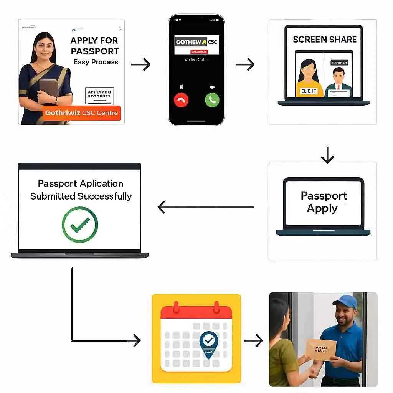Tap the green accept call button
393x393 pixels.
(x=211, y=101)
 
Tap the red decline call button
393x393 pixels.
(x=181, y=101)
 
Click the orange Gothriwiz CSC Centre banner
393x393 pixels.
(x=82, y=113)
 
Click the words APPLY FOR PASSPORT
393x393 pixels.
(x=95, y=46)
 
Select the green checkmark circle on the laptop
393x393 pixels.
(x=80, y=225)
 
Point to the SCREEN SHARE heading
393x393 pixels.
(x=325, y=40)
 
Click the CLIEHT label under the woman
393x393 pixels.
(x=309, y=91)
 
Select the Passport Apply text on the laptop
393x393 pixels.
(x=324, y=202)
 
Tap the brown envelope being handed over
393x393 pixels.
(x=321, y=348)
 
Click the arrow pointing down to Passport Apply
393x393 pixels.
(x=327, y=155)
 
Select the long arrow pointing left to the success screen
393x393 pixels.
(x=206, y=207)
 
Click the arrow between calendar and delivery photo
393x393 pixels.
(x=253, y=340)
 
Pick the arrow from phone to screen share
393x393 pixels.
(x=245, y=64)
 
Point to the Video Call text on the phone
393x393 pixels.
(x=196, y=60)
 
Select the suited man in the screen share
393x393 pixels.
(x=338, y=83)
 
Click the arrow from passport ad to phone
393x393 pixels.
(x=140, y=64)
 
